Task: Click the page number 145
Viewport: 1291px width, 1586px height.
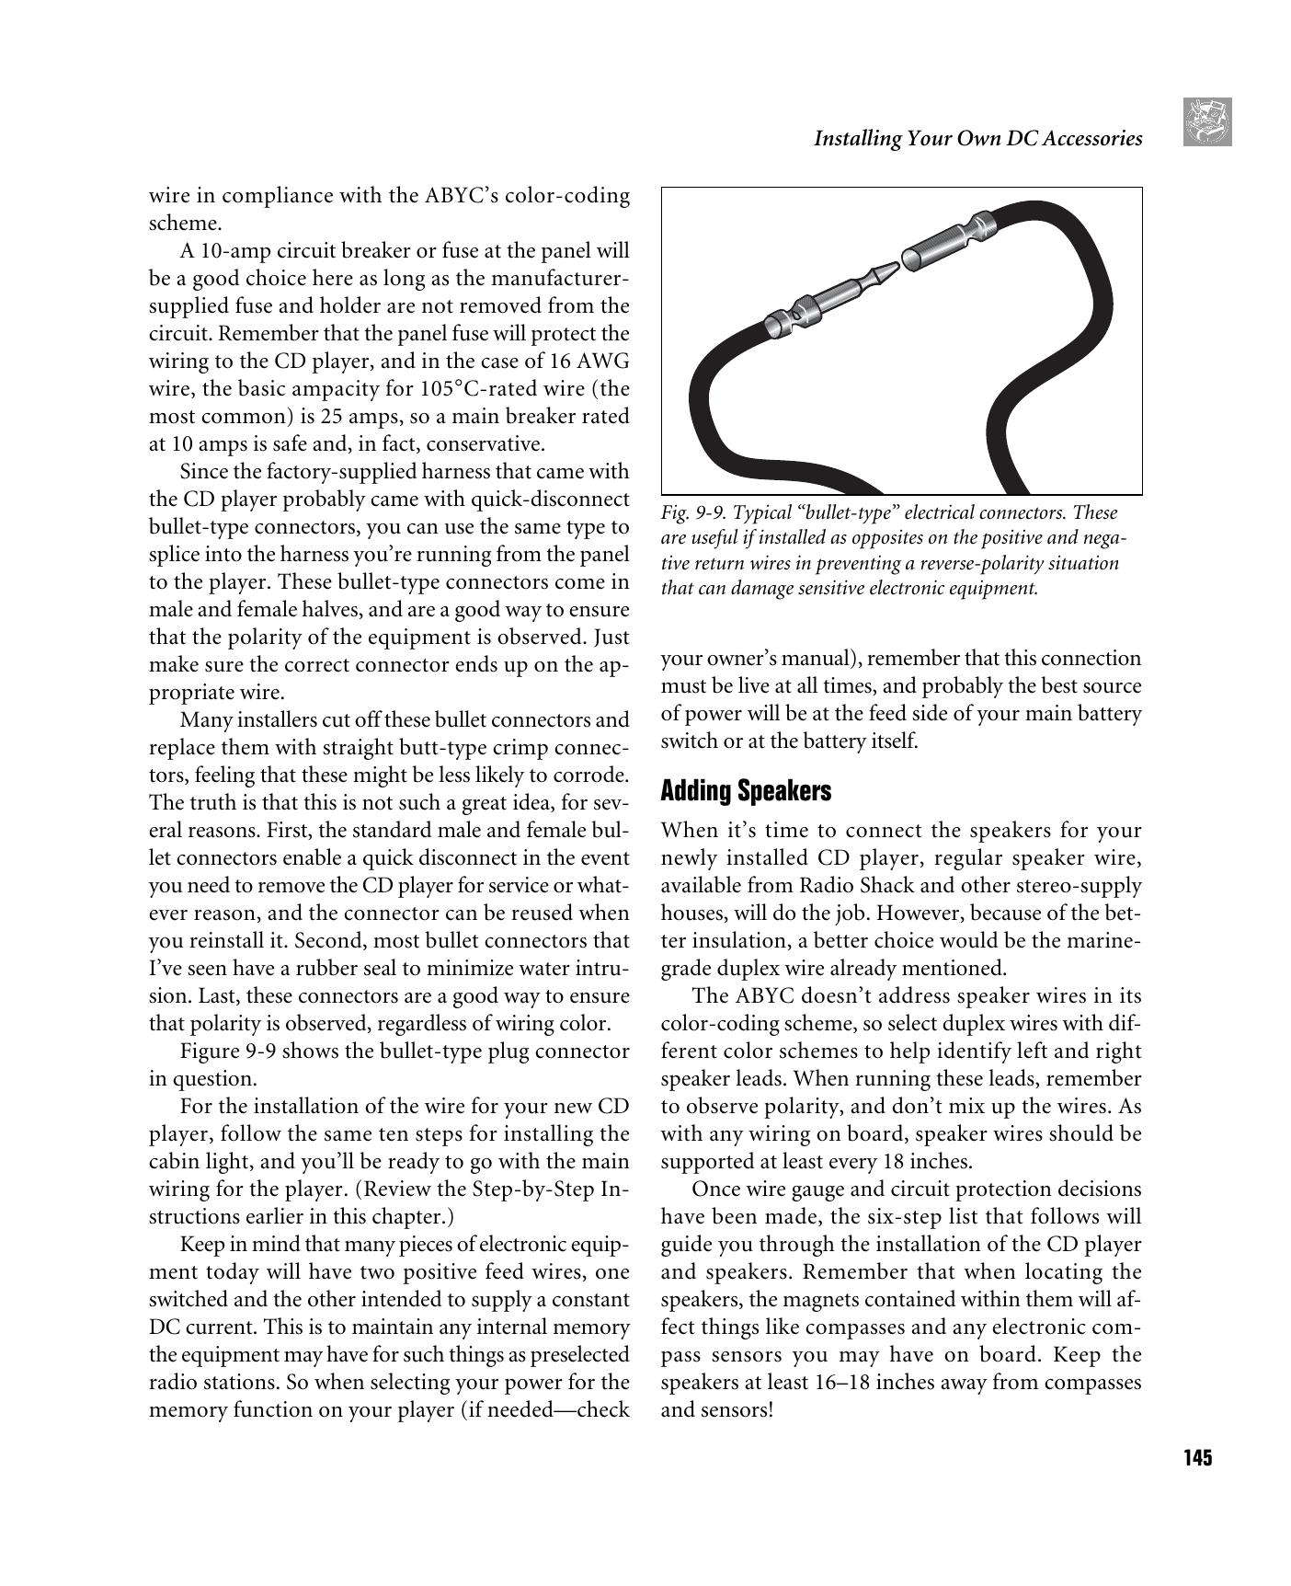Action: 1197,1458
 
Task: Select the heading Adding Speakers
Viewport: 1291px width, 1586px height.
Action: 746,791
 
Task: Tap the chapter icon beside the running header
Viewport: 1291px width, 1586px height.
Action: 1206,122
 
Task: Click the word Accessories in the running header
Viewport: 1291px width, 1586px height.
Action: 1091,139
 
